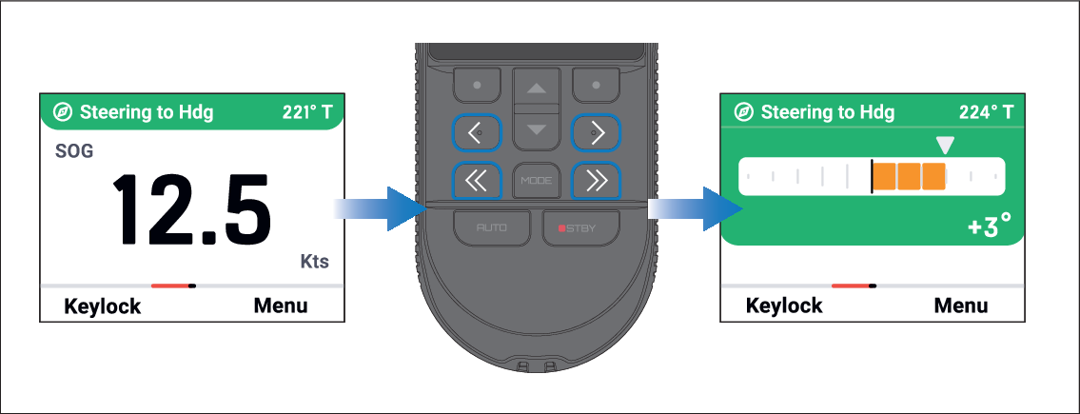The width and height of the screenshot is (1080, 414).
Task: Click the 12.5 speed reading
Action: [191, 209]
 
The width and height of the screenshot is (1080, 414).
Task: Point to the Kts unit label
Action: [315, 262]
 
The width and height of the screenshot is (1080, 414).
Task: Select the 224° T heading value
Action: [987, 112]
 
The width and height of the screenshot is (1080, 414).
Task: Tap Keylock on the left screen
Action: [103, 306]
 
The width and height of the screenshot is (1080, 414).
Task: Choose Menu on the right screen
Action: [961, 306]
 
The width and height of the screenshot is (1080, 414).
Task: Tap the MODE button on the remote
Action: [537, 181]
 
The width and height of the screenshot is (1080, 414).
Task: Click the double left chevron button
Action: [478, 181]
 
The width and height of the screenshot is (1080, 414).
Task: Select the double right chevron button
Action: [597, 181]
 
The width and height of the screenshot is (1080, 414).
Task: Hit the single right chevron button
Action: [597, 133]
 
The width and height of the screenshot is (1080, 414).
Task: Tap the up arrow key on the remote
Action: [537, 89]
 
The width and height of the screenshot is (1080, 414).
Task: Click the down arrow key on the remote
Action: [537, 129]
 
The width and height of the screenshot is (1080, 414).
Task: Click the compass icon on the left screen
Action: [64, 112]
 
